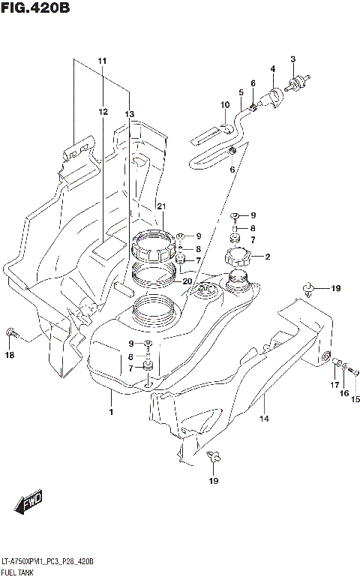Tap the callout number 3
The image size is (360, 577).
coord(293,59)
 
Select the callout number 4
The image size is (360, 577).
coord(273,69)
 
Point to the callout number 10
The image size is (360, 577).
coord(224,105)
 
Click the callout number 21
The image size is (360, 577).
coord(160,206)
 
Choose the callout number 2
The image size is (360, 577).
coord(267,257)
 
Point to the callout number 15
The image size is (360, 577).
coord(355,398)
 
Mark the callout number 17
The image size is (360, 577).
coord(335,384)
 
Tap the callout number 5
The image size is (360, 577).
coord(241,92)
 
